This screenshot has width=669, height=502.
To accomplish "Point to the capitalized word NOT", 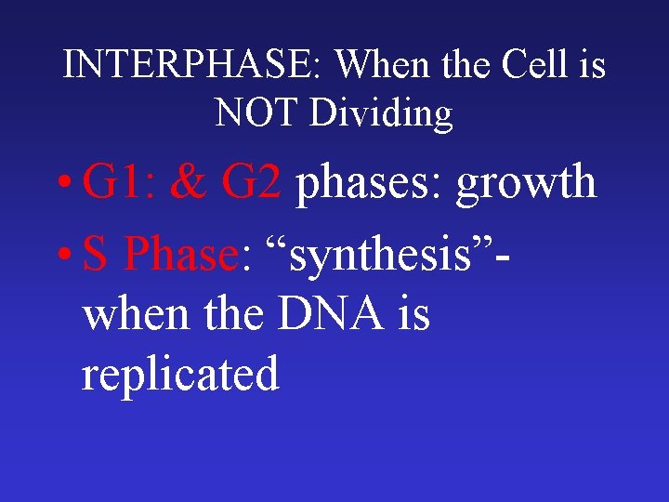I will point(257,113).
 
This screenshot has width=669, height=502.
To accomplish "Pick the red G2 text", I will point(251,182).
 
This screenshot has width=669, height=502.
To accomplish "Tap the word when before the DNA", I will point(135,313).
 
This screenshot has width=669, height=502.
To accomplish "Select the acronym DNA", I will point(326,313).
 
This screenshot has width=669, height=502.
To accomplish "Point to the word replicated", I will point(180,374).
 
